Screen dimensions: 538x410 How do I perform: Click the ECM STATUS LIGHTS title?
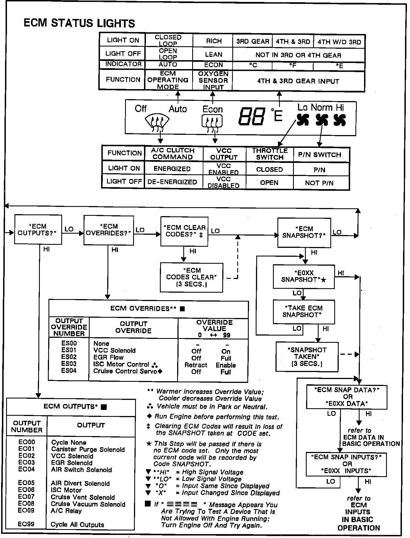click(x=79, y=23)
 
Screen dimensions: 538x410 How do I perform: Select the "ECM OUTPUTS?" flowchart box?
click(x=38, y=230)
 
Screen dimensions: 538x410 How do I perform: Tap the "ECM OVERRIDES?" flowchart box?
click(x=109, y=230)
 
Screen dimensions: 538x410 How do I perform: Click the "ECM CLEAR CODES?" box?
click(x=184, y=231)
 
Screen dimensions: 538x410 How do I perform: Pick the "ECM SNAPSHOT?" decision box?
click(x=304, y=233)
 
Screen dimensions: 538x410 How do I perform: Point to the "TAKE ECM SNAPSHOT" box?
click(x=304, y=312)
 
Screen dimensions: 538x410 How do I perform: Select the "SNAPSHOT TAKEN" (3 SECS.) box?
click(x=307, y=357)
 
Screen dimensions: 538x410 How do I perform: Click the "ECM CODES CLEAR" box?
click(x=192, y=277)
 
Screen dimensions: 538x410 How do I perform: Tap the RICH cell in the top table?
click(x=214, y=41)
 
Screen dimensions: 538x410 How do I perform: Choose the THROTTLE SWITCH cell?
click(x=270, y=154)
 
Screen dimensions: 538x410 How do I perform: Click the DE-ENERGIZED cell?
click(x=172, y=182)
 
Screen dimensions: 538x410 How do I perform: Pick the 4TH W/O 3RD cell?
click(x=339, y=42)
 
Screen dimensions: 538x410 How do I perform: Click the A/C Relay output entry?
click(x=66, y=511)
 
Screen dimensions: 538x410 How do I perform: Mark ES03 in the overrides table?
click(x=69, y=364)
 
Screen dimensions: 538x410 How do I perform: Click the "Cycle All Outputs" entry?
click(x=77, y=525)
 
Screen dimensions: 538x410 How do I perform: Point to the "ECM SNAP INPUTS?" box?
click(x=347, y=464)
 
